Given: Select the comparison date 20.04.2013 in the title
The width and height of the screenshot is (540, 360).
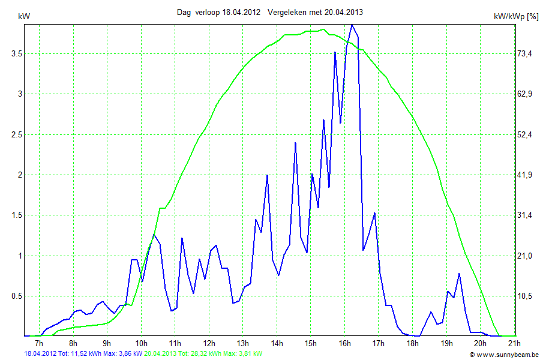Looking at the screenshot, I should (x=344, y=12).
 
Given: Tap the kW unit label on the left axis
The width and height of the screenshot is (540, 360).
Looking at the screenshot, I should (x=25, y=17).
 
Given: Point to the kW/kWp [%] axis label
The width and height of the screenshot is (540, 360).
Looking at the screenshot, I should (x=515, y=17).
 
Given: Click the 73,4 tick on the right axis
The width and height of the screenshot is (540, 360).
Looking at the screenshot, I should (x=525, y=53).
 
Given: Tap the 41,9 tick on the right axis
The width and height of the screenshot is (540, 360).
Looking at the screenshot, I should (x=525, y=175).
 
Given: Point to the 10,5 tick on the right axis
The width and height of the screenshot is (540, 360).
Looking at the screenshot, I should (x=525, y=296).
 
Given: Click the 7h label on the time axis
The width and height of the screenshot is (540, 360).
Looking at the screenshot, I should (x=39, y=343).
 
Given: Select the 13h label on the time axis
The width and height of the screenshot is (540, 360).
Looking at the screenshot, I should (x=242, y=343).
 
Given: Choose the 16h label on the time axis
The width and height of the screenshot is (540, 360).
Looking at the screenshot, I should (x=344, y=343).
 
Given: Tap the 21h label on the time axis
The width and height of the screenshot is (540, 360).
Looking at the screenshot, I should (x=514, y=343).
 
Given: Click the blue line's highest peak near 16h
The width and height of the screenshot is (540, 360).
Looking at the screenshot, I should (x=352, y=25).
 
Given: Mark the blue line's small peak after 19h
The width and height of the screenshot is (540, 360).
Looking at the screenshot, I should (x=459, y=274).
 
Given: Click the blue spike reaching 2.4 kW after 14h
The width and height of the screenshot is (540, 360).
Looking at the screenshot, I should (x=295, y=143).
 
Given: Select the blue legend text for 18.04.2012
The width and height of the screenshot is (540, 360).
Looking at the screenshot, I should (x=83, y=354).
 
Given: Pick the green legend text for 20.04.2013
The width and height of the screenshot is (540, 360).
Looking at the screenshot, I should (x=203, y=354).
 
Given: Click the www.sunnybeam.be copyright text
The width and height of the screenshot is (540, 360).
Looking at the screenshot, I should (x=504, y=355).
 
